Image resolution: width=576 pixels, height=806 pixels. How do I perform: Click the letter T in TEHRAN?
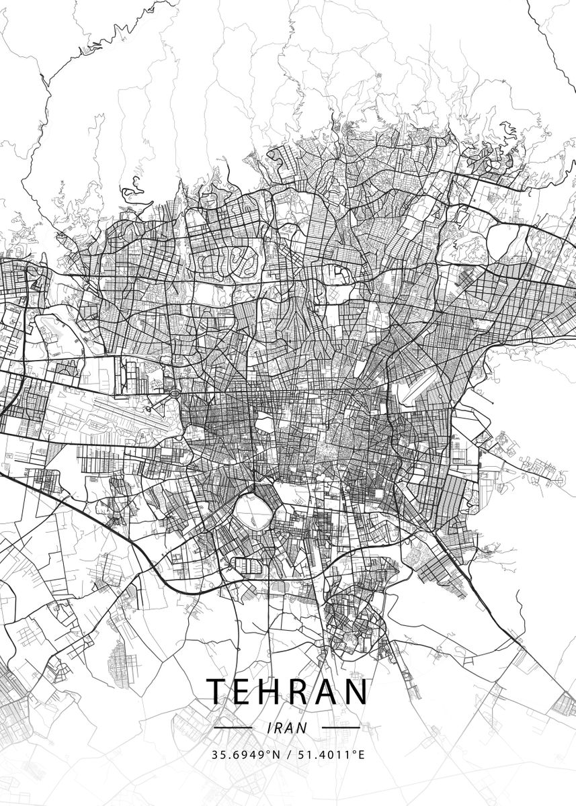click(x=217, y=691)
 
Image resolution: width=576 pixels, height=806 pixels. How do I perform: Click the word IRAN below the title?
click(x=287, y=727)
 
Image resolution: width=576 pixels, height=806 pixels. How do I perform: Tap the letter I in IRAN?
click(x=270, y=727)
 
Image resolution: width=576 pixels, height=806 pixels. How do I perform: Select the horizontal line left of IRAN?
click(x=233, y=727)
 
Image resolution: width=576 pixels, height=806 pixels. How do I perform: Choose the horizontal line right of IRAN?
click(x=341, y=727)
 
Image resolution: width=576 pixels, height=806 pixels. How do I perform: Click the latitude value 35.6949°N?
click(x=245, y=754)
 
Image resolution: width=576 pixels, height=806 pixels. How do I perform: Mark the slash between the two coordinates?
click(x=288, y=754)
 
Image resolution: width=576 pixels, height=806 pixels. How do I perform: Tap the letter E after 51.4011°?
click(x=361, y=754)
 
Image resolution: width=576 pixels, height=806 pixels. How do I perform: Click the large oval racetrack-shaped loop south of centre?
click(x=252, y=514)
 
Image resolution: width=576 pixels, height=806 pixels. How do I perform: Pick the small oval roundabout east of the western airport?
click(x=174, y=392)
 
